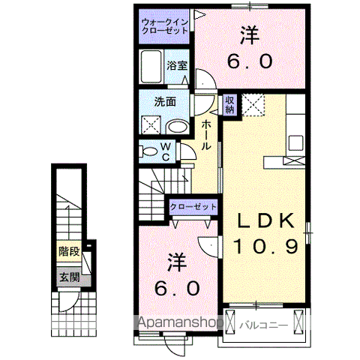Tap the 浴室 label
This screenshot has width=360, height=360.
pyautogui.click(x=176, y=65)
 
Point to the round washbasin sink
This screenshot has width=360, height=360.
pyautogui.click(x=175, y=125)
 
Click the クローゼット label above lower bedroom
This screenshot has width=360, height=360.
pyautogui.click(x=193, y=206)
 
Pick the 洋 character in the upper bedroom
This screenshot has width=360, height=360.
pyautogui.click(x=250, y=34)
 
